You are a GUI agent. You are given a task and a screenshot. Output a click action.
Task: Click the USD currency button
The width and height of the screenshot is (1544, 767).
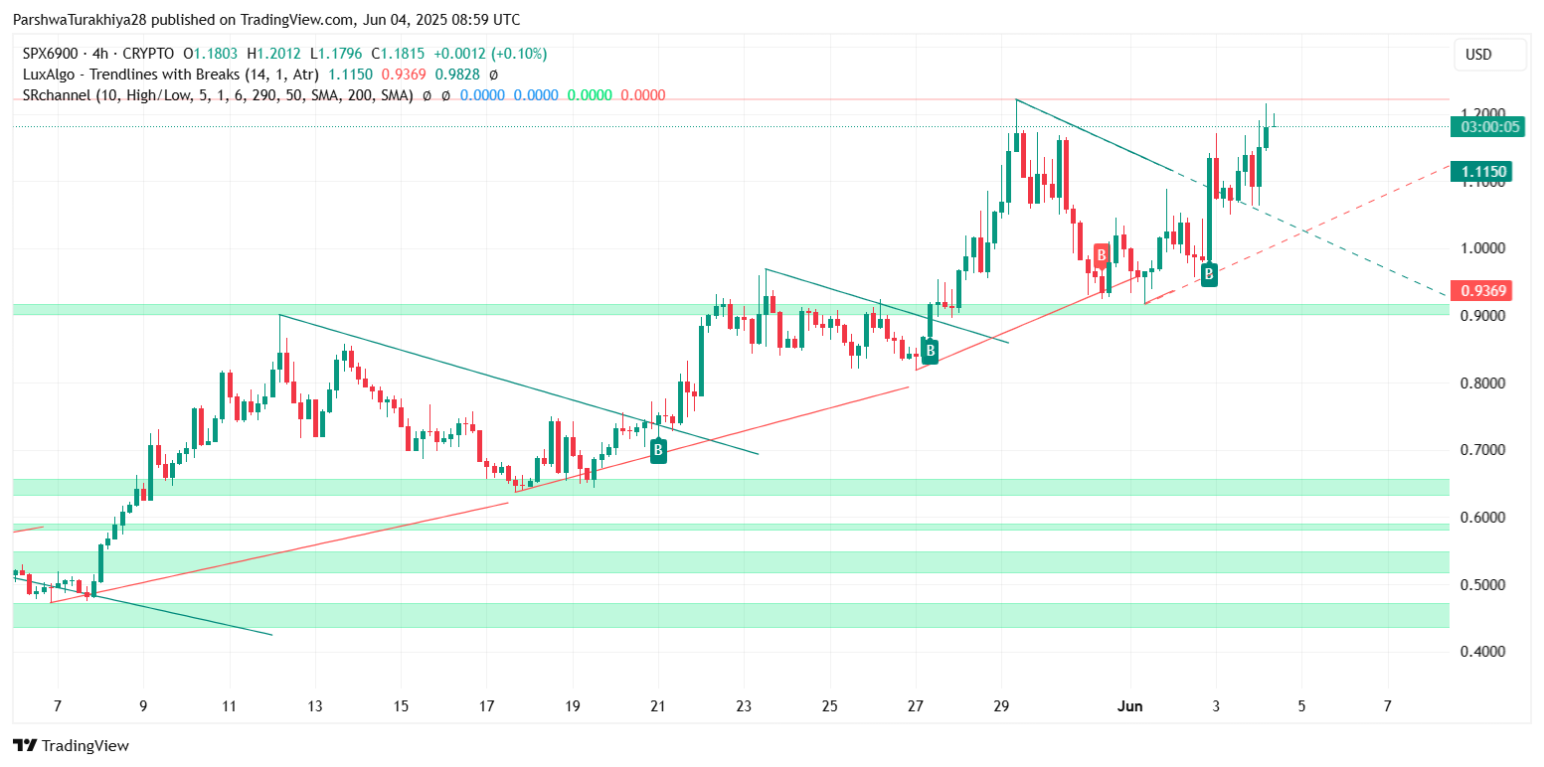click(1478, 54)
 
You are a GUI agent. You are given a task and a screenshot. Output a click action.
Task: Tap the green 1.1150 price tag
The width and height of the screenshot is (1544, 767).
click(1485, 172)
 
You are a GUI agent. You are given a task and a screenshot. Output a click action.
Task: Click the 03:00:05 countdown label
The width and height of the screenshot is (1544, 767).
click(1485, 126)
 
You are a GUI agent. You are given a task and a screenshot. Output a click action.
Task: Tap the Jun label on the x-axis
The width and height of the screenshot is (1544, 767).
click(1129, 706)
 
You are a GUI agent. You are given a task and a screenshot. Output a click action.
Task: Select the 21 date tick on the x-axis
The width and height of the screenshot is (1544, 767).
click(657, 706)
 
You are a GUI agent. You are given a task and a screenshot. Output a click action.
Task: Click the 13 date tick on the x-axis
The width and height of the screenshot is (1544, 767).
click(315, 706)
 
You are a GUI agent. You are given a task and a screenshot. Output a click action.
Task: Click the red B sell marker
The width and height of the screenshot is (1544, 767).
click(1102, 255)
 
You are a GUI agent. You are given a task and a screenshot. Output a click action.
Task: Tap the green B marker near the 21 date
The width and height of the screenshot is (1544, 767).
click(658, 452)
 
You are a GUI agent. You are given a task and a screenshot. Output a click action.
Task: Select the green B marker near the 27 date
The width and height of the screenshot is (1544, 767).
click(930, 350)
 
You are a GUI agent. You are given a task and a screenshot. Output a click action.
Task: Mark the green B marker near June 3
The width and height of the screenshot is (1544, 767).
click(1209, 273)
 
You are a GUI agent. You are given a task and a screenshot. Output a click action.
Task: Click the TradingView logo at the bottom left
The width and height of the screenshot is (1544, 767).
click(71, 745)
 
